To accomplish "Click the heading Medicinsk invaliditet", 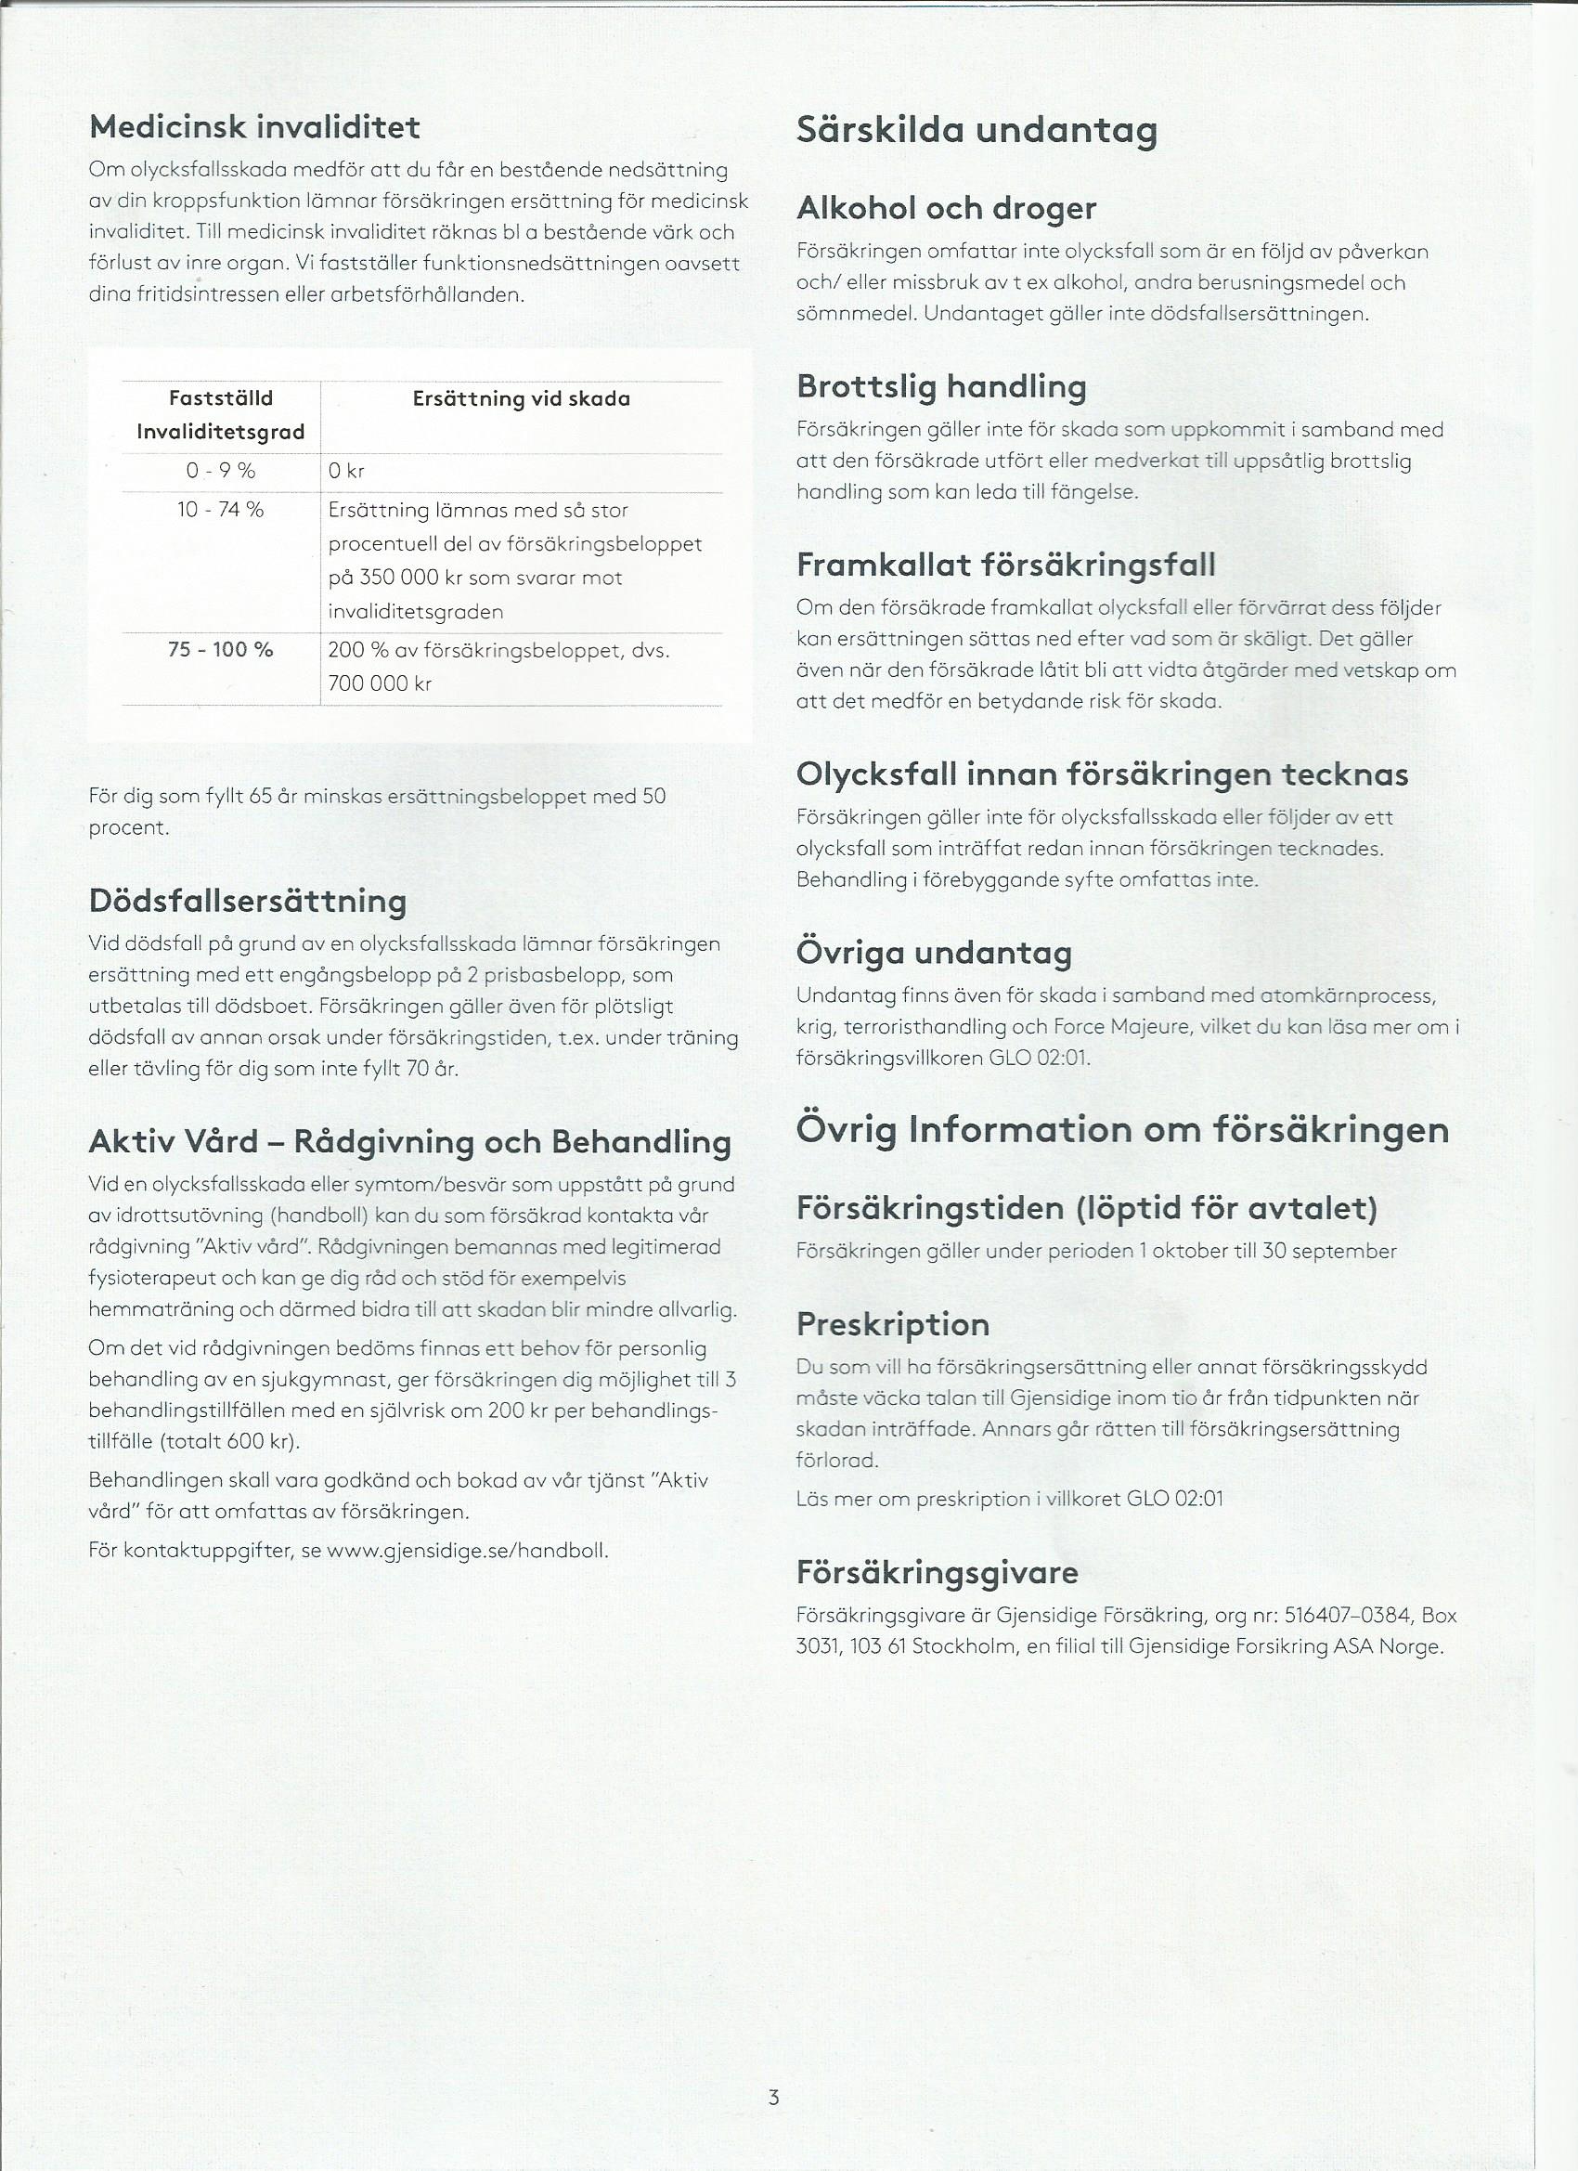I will [253, 127].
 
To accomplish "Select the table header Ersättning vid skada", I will [521, 399].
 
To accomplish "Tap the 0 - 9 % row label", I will [220, 471].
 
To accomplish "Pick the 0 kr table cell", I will [345, 471].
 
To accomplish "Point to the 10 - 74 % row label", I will [220, 510].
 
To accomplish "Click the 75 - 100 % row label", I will [220, 650].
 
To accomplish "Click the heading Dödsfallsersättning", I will [247, 901].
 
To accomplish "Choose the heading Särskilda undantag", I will [977, 130].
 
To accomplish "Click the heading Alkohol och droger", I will [946, 208].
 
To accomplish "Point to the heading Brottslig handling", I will [940, 386].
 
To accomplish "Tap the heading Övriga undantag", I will [933, 953].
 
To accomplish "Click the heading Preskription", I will [892, 1325].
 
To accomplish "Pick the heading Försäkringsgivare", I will [937, 1572].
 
